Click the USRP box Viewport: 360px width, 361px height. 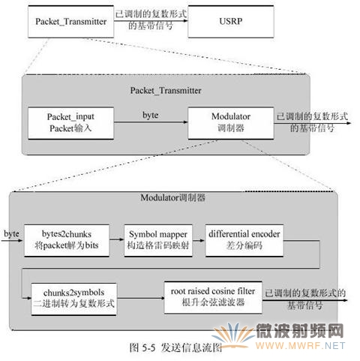[x=231, y=22]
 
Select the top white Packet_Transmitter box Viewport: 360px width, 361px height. [x=71, y=22]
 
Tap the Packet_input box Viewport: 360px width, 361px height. [x=71, y=123]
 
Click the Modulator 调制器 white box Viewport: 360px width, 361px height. [x=231, y=123]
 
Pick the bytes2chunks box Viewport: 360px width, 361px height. [x=67, y=240]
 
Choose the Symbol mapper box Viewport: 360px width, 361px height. [x=158, y=240]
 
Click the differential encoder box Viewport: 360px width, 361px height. [x=244, y=240]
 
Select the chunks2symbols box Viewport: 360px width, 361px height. [x=73, y=299]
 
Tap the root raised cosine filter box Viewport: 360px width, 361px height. [x=213, y=297]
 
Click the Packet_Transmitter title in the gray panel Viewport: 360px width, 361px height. [x=166, y=91]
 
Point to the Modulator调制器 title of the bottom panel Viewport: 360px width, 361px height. [x=173, y=198]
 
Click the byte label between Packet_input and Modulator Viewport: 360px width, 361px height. [x=151, y=116]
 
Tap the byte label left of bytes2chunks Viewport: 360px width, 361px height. [x=11, y=234]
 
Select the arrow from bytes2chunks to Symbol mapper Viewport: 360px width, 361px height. [x=117, y=239]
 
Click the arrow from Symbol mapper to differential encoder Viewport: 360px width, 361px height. [x=199, y=240]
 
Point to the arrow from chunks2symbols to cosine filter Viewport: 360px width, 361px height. [x=140, y=298]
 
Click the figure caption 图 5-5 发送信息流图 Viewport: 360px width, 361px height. [x=175, y=347]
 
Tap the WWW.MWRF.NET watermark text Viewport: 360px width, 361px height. [x=300, y=346]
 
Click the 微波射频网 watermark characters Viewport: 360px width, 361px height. [x=300, y=331]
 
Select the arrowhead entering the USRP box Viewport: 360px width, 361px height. [x=185, y=20]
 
